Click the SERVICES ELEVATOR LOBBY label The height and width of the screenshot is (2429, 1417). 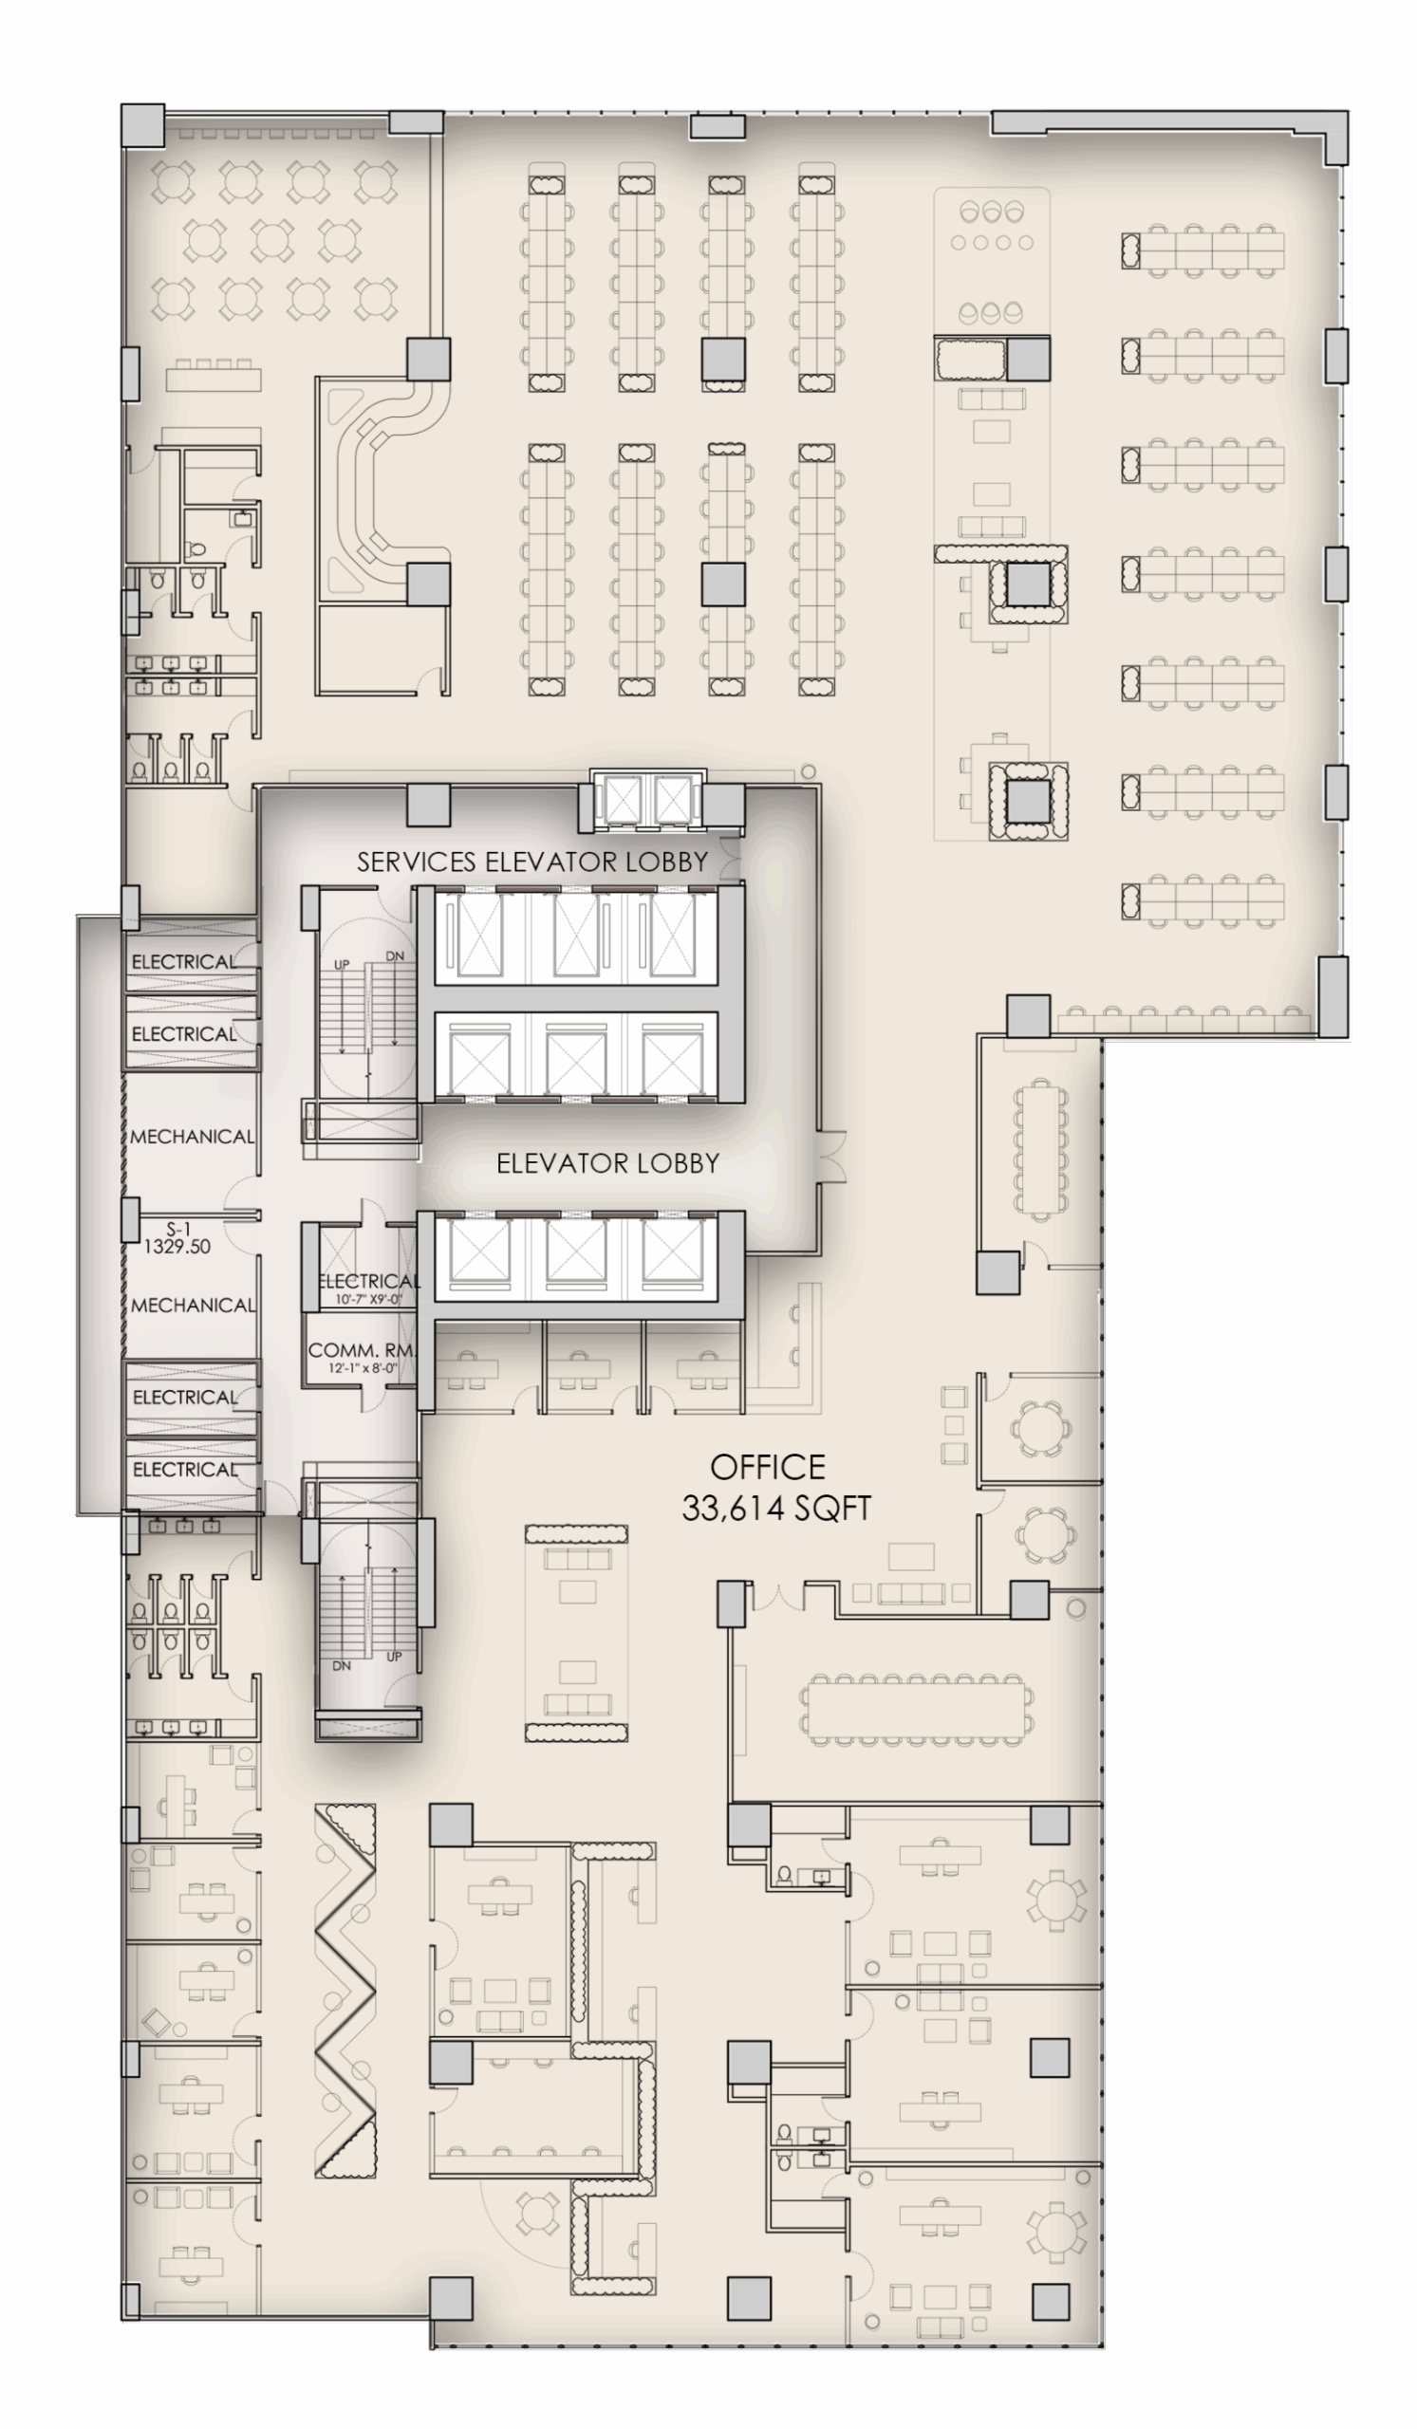coord(532,862)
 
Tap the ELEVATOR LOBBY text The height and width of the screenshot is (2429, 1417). coord(607,1163)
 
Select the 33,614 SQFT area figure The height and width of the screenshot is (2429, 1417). coord(776,1509)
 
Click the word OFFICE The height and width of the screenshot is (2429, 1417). coord(767,1467)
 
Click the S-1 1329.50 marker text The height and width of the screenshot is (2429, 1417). coord(177,1237)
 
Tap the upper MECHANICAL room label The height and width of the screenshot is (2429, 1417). coord(192,1137)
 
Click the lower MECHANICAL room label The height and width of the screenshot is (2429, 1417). coord(193,1305)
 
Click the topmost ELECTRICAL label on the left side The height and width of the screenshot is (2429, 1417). coord(183,962)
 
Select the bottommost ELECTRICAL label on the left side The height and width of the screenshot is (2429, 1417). coord(184,1470)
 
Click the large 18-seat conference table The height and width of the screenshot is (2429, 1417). coord(917,1711)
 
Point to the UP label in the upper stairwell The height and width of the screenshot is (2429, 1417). coord(343,964)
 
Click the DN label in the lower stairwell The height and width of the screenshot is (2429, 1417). coord(343,1666)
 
